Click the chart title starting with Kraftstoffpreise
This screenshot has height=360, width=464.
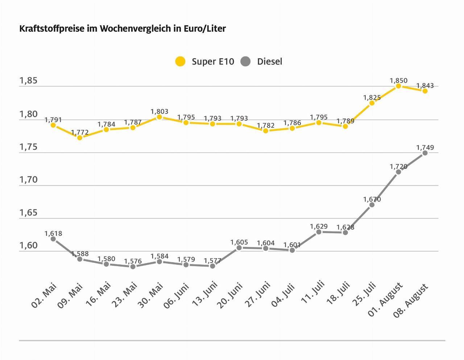click(123, 29)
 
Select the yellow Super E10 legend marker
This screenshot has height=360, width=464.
click(180, 62)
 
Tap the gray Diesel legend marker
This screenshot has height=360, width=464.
click(245, 62)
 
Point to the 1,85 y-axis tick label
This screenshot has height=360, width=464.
click(28, 80)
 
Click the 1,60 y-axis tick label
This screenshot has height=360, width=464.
click(28, 246)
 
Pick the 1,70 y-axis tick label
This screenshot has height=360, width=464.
click(28, 180)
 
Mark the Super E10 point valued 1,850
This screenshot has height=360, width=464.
click(398, 86)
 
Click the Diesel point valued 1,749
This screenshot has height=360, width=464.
click(425, 153)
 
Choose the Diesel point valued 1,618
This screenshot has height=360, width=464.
click(53, 239)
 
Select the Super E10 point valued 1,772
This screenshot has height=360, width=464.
click(80, 138)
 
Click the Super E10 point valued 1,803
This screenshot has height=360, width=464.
click(159, 117)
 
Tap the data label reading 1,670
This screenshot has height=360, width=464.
click(372, 199)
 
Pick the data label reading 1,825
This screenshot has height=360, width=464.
click(372, 97)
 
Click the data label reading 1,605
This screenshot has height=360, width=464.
click(239, 242)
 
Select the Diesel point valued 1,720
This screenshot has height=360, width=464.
click(398, 172)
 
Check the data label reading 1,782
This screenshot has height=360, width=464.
click(266, 126)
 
